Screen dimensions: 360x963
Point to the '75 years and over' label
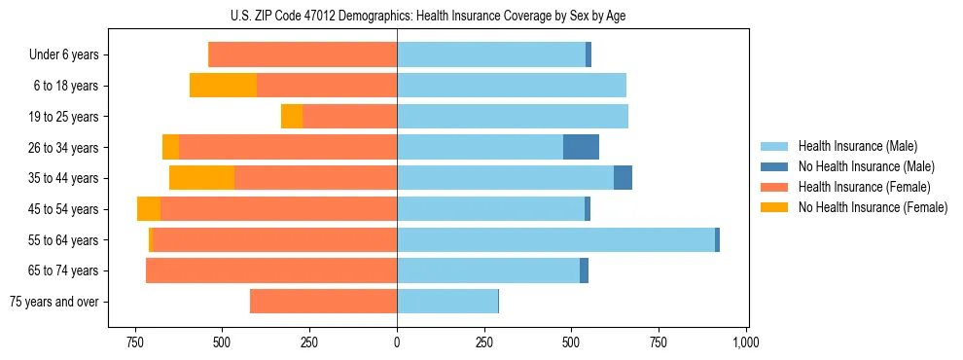pyautogui.click(x=54, y=302)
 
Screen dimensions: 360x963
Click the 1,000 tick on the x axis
pyautogui.click(x=745, y=343)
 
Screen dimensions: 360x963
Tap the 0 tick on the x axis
pyautogui.click(x=397, y=343)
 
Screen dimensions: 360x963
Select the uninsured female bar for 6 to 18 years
pyautogui.click(x=223, y=86)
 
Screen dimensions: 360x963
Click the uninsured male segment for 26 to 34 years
pyautogui.click(x=581, y=147)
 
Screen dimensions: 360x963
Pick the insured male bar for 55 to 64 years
pyautogui.click(x=555, y=239)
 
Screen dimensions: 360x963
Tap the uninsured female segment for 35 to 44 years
pyautogui.click(x=201, y=178)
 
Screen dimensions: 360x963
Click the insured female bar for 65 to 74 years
pyautogui.click(x=271, y=270)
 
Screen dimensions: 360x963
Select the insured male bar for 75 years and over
pyautogui.click(x=447, y=302)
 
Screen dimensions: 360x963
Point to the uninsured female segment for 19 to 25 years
pyautogui.click(x=292, y=117)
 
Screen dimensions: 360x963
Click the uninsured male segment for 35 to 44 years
pyautogui.click(x=623, y=178)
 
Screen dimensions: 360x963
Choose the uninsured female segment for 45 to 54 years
pyautogui.click(x=149, y=209)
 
